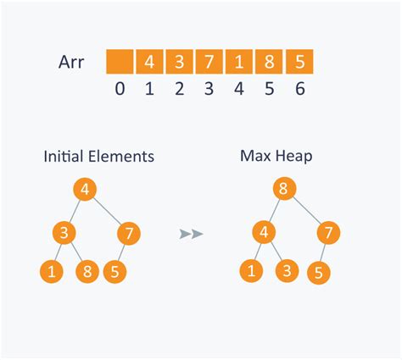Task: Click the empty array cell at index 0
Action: [x=120, y=62]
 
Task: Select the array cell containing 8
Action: [x=269, y=62]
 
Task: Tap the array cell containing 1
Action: [x=239, y=62]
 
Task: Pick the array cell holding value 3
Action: [x=179, y=62]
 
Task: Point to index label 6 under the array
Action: [x=300, y=89]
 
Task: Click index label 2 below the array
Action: [x=180, y=89]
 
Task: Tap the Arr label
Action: [x=71, y=62]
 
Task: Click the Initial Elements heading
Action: [x=99, y=156]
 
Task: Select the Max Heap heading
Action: [x=276, y=156]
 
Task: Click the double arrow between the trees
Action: [x=192, y=234]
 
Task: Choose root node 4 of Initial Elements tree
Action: [x=85, y=189]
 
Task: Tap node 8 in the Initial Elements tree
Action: [x=87, y=272]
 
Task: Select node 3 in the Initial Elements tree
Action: [x=64, y=233]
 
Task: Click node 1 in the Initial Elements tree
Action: [x=52, y=272]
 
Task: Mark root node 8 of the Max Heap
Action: [x=285, y=188]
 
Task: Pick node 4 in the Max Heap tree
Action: [x=264, y=232]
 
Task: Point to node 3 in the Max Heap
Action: [x=287, y=271]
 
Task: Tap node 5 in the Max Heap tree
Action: [x=319, y=273]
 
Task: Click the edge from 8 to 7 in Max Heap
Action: [x=307, y=210]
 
